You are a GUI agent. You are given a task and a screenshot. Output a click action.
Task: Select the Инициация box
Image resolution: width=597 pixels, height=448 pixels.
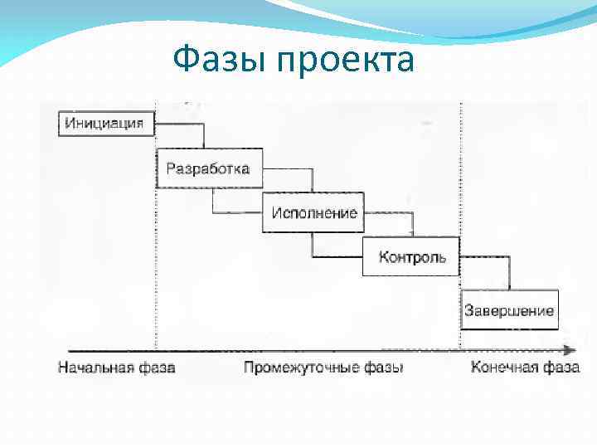coord(105,124)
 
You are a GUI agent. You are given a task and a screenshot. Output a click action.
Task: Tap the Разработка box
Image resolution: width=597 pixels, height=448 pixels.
coord(208,168)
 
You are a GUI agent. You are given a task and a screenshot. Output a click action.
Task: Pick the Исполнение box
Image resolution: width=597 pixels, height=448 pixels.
coord(313,212)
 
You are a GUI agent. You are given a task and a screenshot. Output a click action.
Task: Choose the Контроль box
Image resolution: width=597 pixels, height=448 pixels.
coord(411,256)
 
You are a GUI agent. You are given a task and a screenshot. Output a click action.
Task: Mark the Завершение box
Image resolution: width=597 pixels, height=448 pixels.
coord(509,310)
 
